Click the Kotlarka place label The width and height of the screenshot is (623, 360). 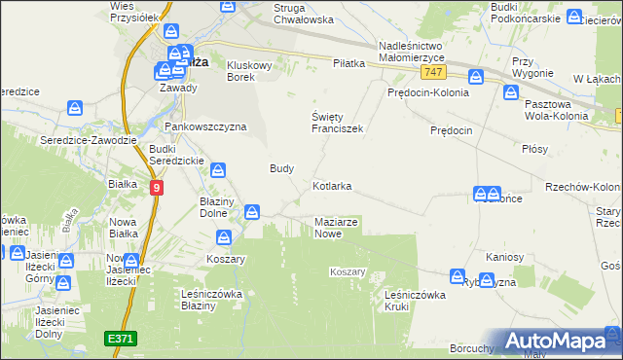click(x=331, y=185)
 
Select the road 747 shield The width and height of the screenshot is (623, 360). click(x=435, y=73)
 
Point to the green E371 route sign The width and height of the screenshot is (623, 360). click(x=122, y=338)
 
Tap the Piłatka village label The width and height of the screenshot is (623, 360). click(x=348, y=63)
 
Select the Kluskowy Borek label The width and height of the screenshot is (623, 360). click(x=252, y=71)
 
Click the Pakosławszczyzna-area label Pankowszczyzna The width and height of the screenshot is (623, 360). click(x=205, y=126)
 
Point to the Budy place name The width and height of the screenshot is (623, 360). click(x=281, y=167)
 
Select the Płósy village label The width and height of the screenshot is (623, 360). click(x=534, y=149)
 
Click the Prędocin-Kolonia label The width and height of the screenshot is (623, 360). click(x=427, y=93)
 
